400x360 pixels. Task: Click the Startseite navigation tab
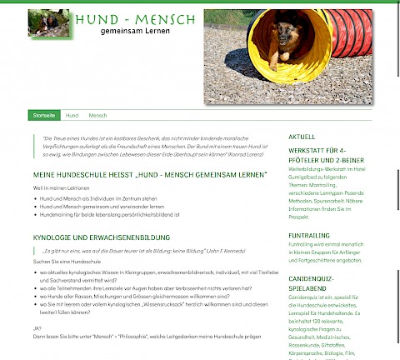(43, 115)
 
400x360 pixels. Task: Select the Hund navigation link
(72, 115)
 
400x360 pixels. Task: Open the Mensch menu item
(97, 115)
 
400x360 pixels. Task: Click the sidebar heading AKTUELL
(302, 136)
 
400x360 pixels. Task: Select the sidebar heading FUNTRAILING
(308, 236)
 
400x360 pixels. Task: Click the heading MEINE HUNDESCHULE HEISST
(150, 176)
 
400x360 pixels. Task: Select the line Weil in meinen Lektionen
(61, 189)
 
